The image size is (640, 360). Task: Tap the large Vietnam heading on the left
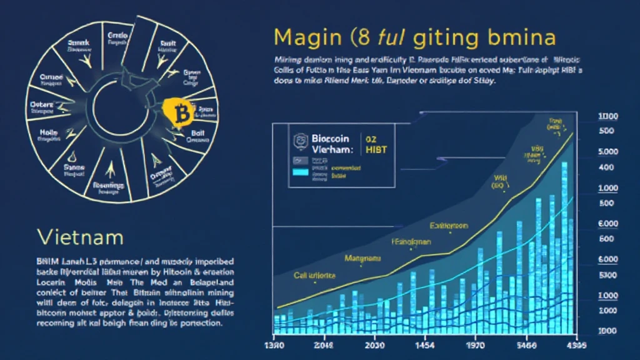pos(80,237)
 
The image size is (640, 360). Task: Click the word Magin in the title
pos(306,38)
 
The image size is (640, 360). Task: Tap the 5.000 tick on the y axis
pos(607,152)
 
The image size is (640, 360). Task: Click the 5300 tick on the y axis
pos(607,275)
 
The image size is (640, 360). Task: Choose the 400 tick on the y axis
pos(607,167)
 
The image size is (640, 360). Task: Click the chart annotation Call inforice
pos(315,275)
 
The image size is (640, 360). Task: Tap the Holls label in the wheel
pos(49,132)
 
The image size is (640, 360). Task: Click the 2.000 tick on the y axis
pos(607,311)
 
